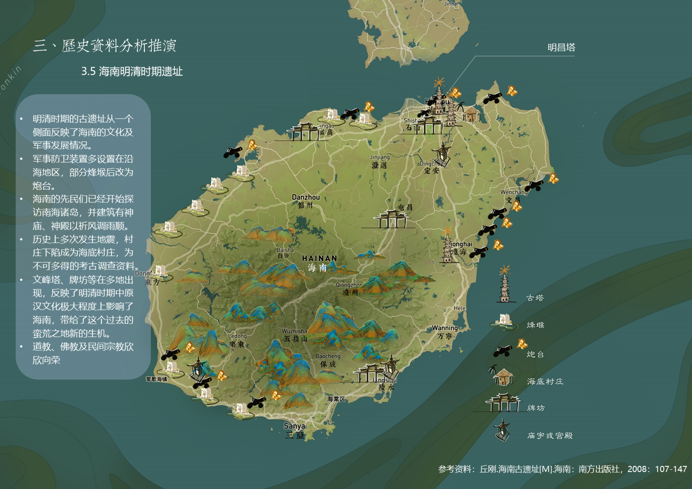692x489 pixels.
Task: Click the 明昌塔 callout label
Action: [561, 47]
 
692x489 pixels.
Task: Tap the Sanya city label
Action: [294, 426]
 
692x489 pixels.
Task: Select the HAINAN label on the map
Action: [320, 258]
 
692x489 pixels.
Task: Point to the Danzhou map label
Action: [306, 197]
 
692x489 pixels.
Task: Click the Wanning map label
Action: [445, 328]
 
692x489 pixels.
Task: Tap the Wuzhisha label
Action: [294, 331]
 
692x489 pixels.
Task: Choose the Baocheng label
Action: [328, 356]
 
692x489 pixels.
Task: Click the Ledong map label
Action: [238, 336]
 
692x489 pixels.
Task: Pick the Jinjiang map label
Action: [380, 157]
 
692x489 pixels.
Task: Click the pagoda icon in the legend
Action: [505, 285]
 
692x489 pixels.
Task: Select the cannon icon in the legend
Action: [503, 351]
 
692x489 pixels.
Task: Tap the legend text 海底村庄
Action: [545, 381]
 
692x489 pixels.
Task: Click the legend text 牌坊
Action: [536, 408]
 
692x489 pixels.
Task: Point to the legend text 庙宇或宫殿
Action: [550, 435]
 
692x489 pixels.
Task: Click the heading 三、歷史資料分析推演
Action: [105, 46]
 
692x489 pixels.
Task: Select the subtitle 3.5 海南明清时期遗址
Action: [132, 71]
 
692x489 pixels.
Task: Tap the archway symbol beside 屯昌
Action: [391, 219]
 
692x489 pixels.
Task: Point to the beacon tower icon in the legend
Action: [504, 321]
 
